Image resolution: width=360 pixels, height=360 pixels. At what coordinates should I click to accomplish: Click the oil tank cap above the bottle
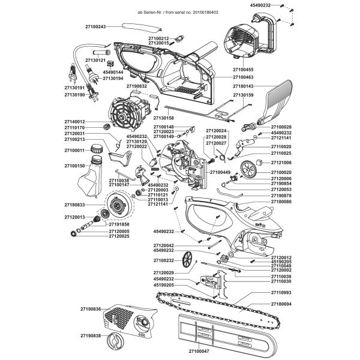pyautogui.click(x=97, y=149)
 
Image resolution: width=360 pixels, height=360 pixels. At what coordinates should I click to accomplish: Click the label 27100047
pyautogui.click(x=196, y=350)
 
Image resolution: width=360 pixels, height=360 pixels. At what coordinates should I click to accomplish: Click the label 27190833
pyautogui.click(x=76, y=205)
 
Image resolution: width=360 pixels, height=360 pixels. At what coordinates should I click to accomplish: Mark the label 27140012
pyautogui.click(x=76, y=122)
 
